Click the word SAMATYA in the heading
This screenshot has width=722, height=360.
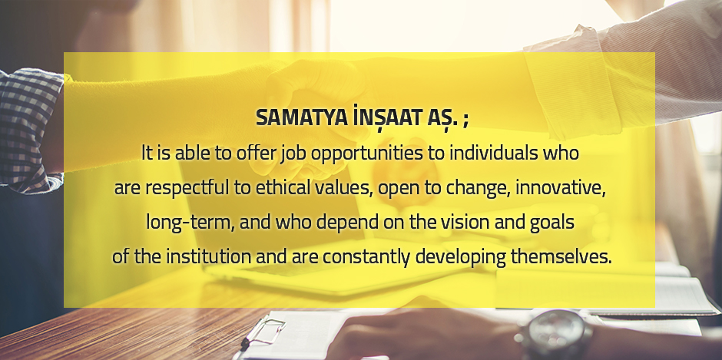pos(302,118)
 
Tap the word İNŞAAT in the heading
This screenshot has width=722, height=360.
pos(385,117)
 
